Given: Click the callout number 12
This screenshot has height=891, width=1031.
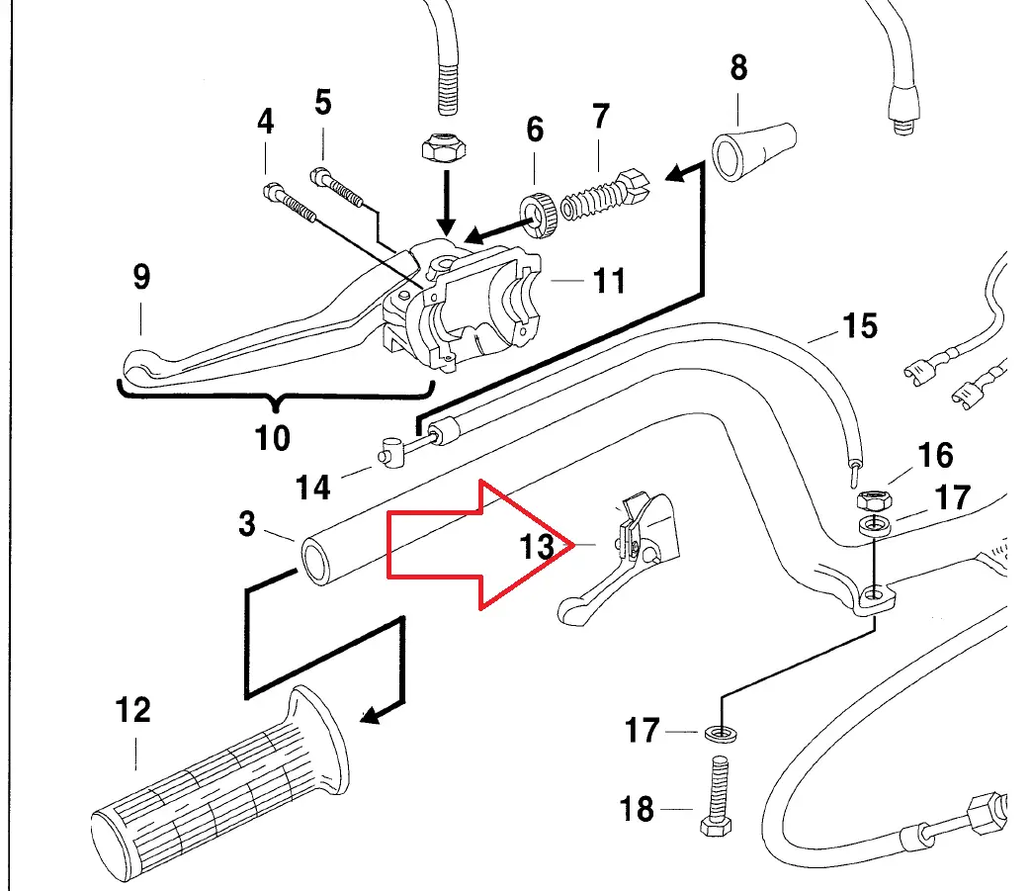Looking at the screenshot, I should click(132, 710).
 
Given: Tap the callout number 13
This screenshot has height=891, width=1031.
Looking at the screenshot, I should click(537, 546).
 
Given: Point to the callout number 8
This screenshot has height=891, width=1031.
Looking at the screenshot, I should click(738, 68).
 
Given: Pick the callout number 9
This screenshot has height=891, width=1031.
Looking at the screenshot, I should click(141, 277).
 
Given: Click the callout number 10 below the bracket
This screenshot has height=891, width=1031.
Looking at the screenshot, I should click(272, 435).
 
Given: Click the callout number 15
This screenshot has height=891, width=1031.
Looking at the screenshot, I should click(860, 324).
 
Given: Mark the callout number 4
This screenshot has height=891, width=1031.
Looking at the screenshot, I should click(264, 123).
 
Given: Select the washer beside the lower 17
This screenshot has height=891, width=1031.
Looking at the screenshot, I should click(720, 733).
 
